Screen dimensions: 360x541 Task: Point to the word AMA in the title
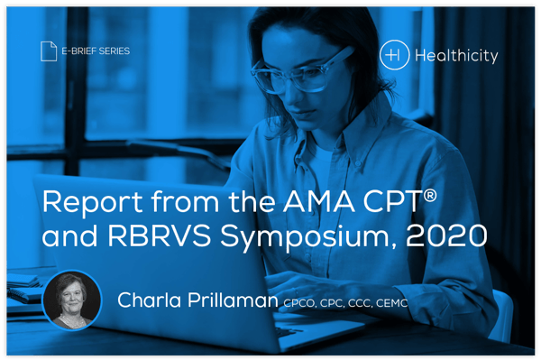click(x=323, y=201)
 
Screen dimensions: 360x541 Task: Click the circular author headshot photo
click(x=74, y=299)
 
